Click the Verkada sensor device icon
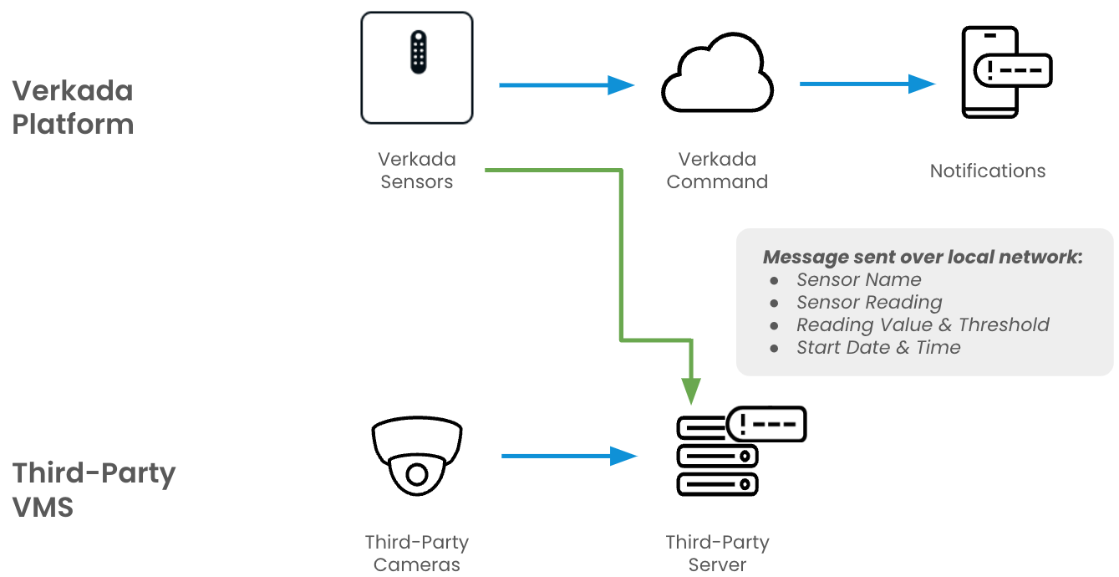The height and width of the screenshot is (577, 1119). pyautogui.click(x=417, y=69)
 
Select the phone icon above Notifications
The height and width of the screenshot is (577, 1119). pyautogui.click(x=990, y=72)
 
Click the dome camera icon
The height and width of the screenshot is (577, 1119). pyautogui.click(x=416, y=459)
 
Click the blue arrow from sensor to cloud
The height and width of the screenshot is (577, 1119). pyautogui.click(x=566, y=84)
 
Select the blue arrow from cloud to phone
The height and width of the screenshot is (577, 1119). pyautogui.click(x=867, y=84)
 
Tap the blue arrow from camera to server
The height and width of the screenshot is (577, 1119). pyautogui.click(x=568, y=456)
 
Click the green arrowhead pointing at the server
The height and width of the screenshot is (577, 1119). pyautogui.click(x=690, y=390)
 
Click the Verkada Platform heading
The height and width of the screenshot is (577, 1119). pyautogui.click(x=73, y=107)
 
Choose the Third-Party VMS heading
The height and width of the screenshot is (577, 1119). pyautogui.click(x=94, y=489)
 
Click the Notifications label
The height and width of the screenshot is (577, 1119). pyautogui.click(x=987, y=171)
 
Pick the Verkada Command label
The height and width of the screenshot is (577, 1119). pyautogui.click(x=717, y=171)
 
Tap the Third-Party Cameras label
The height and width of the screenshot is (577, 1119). pyautogui.click(x=416, y=554)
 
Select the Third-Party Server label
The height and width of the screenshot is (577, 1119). pyautogui.click(x=717, y=554)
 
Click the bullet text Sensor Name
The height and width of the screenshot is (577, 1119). pyautogui.click(x=858, y=280)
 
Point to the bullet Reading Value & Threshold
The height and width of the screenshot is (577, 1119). pyautogui.click(x=922, y=325)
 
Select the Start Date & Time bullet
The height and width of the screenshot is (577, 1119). pyautogui.click(x=877, y=348)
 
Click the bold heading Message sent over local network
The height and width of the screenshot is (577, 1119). pyautogui.click(x=923, y=257)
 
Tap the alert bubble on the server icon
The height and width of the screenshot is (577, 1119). pyautogui.click(x=766, y=425)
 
